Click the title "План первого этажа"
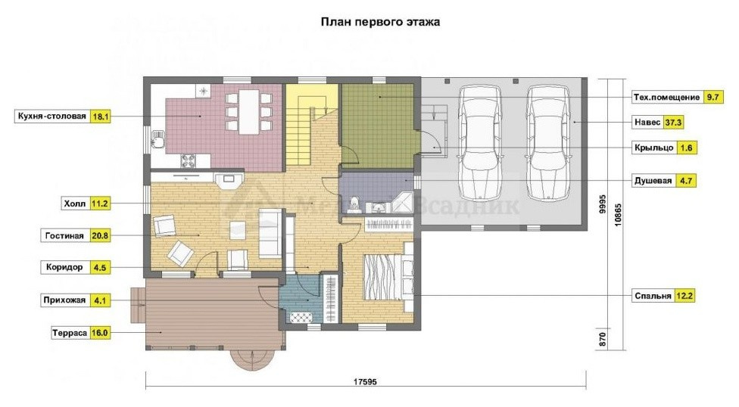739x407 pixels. [380, 22]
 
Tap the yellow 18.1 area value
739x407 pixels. [101, 117]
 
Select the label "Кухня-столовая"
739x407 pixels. [51, 117]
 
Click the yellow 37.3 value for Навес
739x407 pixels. [673, 123]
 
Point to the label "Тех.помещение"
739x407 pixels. [666, 97]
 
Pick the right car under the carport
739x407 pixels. [547, 142]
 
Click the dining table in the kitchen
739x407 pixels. [249, 112]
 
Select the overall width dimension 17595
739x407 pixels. [365, 381]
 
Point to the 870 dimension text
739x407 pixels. [602, 339]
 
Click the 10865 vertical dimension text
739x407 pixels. [618, 214]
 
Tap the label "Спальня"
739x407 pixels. [653, 296]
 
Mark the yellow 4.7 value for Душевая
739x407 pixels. [685, 181]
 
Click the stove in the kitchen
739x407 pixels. [189, 160]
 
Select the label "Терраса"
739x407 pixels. [70, 333]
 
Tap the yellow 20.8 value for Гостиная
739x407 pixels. [100, 235]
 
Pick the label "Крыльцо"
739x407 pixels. [654, 148]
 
